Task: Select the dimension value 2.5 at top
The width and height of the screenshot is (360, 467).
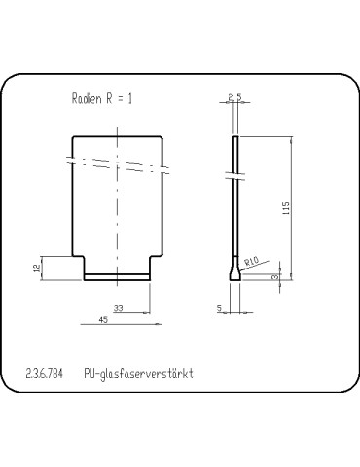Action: point(234,96)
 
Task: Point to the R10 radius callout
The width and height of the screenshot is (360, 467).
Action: point(252,260)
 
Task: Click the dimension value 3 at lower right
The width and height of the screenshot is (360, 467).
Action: point(276,278)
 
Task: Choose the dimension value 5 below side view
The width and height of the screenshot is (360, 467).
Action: point(219,309)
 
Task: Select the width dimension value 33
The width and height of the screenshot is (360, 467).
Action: point(118,308)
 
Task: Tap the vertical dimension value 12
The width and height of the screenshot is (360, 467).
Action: point(37,268)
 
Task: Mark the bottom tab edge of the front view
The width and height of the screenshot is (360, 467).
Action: point(118,279)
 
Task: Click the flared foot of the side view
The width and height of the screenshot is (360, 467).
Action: point(234,276)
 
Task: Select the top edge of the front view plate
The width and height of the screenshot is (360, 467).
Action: point(118,136)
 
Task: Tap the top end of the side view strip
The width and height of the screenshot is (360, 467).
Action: point(234,137)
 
